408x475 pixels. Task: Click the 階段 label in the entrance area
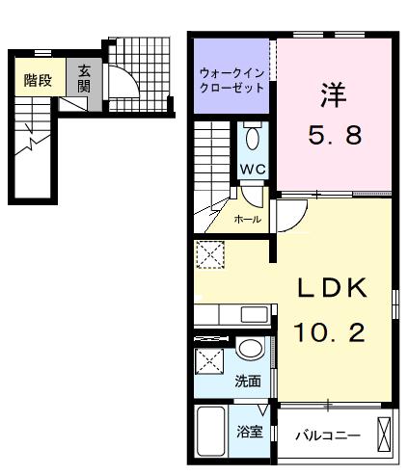(38, 80)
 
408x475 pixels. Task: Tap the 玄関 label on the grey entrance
(84, 79)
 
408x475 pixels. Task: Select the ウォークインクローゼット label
(231, 80)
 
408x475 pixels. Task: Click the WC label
(253, 169)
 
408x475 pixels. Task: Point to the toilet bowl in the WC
(252, 139)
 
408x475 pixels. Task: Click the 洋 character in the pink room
(334, 95)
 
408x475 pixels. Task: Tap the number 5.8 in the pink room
(335, 135)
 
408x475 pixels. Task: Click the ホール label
(247, 220)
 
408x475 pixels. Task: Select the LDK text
(332, 287)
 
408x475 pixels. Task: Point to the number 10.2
(330, 332)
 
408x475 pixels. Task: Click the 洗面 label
(248, 382)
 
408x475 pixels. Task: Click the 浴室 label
(250, 432)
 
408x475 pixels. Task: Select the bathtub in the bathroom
(211, 432)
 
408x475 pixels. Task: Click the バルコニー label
(328, 435)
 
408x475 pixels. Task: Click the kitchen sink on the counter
(255, 314)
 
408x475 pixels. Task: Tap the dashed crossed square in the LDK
(210, 254)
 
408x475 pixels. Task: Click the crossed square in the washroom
(209, 361)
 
